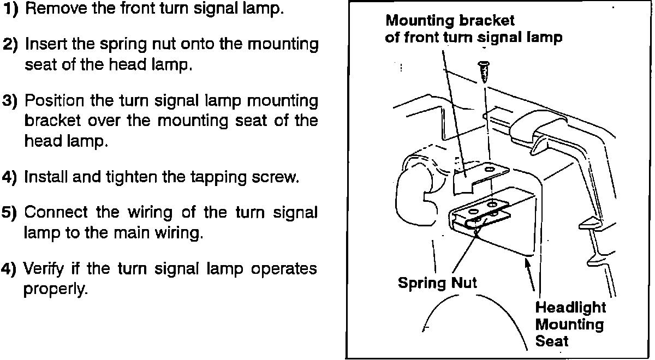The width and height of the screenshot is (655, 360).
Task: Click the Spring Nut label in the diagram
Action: (x=437, y=283)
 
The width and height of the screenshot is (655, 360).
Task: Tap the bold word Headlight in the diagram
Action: (x=570, y=307)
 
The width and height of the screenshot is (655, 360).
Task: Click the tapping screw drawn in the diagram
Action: (x=483, y=71)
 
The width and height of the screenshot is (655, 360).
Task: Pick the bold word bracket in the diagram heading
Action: (x=486, y=21)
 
